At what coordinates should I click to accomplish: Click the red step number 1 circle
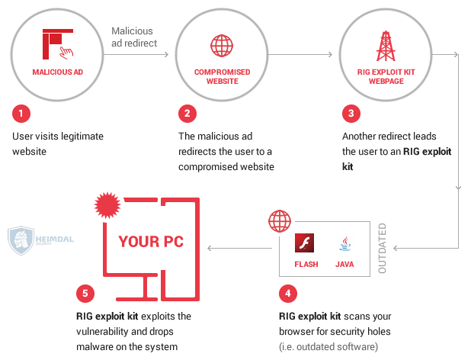pos(21,114)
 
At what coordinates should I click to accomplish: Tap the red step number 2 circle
pos(187,114)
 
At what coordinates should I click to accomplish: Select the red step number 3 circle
pos(351,114)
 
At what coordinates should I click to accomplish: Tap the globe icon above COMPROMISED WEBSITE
pos(222,44)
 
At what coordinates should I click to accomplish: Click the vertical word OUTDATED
pos(383,249)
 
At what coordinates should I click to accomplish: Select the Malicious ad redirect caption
pos(134,37)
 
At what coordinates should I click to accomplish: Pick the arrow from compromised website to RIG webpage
pos(301,54)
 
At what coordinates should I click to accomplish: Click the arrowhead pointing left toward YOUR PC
pos(211,248)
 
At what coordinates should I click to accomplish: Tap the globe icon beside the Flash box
pos(278,222)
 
